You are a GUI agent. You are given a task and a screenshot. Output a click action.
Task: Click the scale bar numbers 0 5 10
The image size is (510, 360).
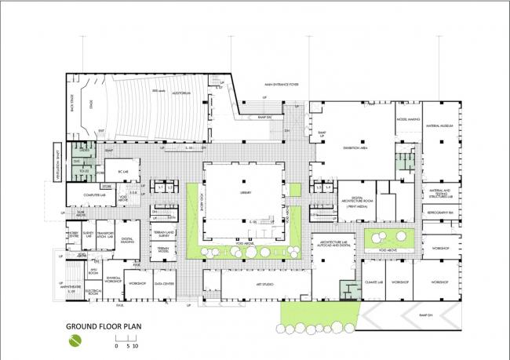coord(126,346)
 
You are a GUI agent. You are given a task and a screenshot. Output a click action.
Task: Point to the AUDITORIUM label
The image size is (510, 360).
coord(182,93)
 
